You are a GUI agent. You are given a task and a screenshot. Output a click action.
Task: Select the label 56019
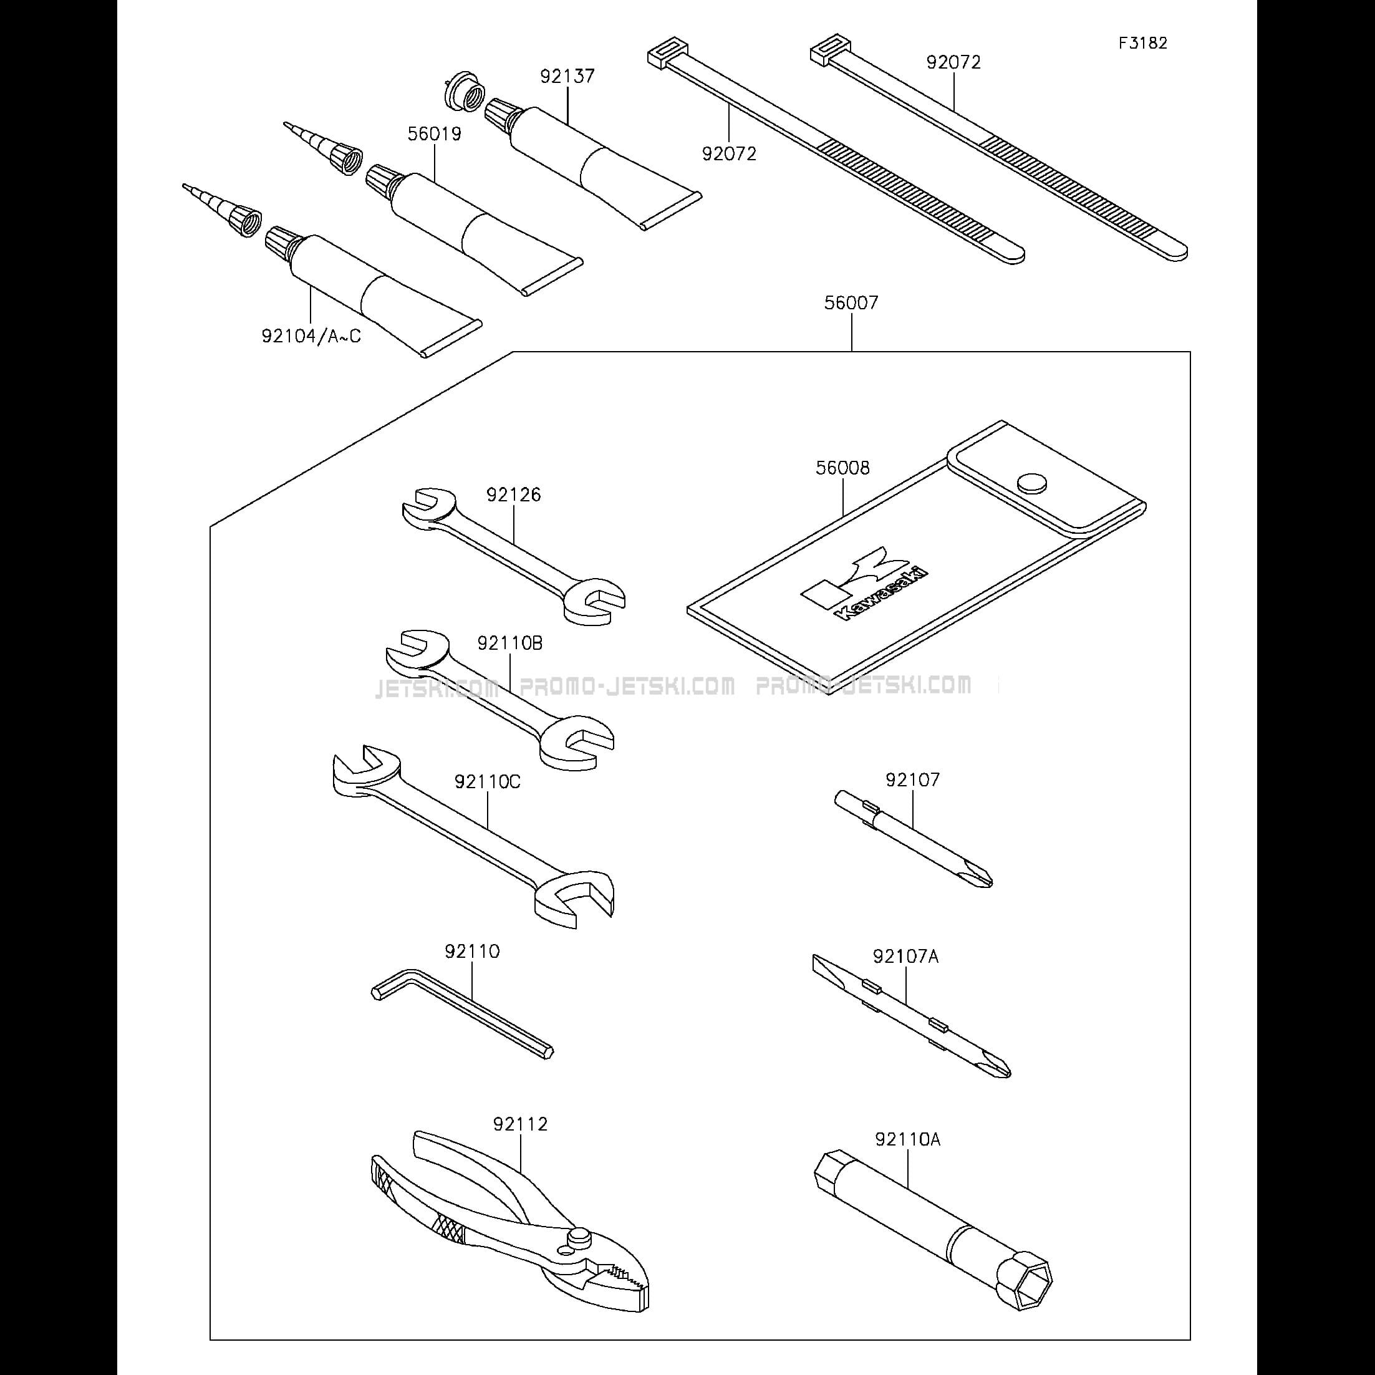(434, 134)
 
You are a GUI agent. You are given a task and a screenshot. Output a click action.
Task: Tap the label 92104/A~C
(311, 336)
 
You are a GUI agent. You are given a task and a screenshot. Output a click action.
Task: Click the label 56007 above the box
(851, 303)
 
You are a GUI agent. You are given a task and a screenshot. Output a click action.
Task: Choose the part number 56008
(842, 468)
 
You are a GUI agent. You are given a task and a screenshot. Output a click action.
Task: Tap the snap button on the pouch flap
(1033, 483)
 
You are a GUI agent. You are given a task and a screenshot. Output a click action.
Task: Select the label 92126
(513, 495)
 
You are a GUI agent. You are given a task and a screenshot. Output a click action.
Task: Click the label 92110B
(509, 644)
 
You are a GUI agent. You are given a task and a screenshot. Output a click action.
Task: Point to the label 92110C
(488, 782)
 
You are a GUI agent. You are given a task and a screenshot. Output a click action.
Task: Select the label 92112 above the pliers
(520, 1124)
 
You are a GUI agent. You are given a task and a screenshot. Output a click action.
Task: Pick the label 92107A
(905, 957)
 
